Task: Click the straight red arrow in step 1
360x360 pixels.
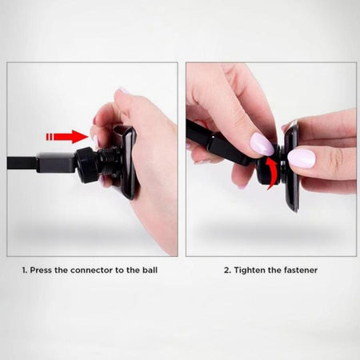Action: pos(68,137)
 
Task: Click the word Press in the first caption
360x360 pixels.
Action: pos(41,270)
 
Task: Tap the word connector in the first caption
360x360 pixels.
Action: pos(92,270)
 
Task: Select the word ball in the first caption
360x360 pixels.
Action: pos(150,270)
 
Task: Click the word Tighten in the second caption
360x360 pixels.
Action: pos(250,270)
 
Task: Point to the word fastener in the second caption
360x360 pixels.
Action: pos(301,270)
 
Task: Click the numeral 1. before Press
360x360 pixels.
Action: pos(25,270)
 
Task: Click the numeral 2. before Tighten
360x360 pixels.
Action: pos(227,270)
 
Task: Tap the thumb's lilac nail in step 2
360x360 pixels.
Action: pos(302,158)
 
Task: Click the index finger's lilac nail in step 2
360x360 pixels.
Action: pos(262,144)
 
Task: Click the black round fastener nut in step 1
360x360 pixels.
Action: pos(86,166)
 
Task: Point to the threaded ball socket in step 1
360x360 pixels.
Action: pos(107,162)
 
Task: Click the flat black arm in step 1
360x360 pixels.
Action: pos(40,162)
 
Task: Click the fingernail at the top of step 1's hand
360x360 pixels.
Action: pos(123,90)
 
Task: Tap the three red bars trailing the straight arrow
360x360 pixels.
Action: pos(50,137)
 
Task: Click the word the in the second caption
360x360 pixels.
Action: pos(274,270)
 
